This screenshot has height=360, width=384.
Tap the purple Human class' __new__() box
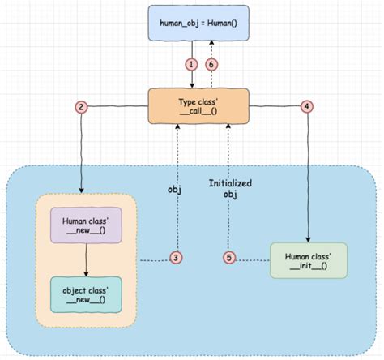(86, 224)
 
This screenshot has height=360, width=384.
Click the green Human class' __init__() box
(309, 260)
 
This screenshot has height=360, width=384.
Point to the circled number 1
(191, 64)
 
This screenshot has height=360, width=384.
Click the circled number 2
(80, 106)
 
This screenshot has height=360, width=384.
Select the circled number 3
(176, 257)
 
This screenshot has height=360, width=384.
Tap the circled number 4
(305, 106)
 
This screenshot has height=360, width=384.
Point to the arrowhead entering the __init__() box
(309, 238)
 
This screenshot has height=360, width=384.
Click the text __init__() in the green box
(309, 267)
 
